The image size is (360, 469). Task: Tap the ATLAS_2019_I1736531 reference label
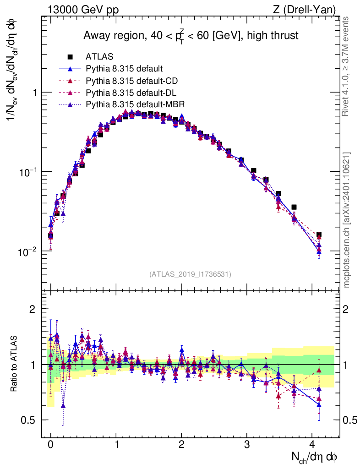coord(190,274)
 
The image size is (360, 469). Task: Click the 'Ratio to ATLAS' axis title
coord(15,364)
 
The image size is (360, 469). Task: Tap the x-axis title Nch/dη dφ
coord(315,457)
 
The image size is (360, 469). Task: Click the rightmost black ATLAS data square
coord(319,234)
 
